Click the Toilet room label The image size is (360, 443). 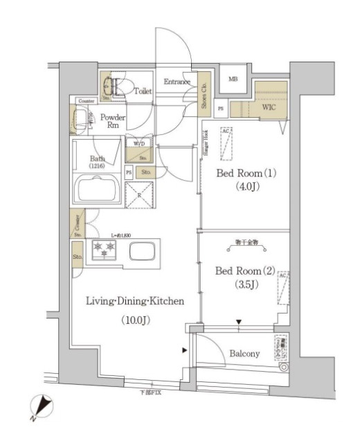click(x=143, y=91)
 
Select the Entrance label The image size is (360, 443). click(x=177, y=82)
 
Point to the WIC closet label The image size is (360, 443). click(x=269, y=109)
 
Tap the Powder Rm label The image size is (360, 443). click(x=113, y=121)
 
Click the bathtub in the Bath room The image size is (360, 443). click(x=97, y=188)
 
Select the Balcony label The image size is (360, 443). click(x=244, y=354)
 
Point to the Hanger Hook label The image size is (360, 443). click(x=206, y=149)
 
